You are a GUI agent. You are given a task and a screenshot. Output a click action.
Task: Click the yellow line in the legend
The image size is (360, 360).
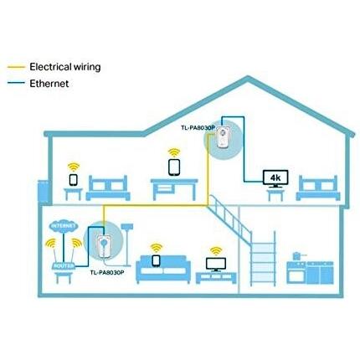coord(16,67)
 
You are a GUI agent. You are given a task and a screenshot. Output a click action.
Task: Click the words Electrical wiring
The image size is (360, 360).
coord(65,67)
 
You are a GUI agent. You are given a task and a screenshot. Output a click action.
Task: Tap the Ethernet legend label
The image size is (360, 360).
coord(49,84)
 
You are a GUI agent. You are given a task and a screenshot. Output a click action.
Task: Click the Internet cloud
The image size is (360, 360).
coord(64,226)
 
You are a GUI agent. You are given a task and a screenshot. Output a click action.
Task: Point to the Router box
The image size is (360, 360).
coord(64,265)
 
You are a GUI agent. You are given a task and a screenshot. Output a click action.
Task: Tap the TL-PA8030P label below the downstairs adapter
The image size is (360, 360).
coord(107,272)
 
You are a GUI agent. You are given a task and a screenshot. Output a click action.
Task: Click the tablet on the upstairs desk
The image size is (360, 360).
coord(174,167)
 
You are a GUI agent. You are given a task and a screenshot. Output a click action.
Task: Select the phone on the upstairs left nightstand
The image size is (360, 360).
coord(74,180)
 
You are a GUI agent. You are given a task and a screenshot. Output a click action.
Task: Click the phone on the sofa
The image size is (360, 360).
coord(157,260)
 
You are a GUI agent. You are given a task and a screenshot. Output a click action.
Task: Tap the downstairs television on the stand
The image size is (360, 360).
coord(216,265)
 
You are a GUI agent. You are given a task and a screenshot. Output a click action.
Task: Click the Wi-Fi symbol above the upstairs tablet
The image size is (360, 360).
coord(174,153)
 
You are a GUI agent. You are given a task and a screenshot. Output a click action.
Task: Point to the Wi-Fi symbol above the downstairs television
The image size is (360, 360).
coord(216,251)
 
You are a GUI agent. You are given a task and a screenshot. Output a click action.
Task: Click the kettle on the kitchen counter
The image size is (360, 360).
coord(297,256)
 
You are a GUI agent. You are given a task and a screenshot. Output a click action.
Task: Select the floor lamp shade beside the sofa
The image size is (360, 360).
coord(127,226)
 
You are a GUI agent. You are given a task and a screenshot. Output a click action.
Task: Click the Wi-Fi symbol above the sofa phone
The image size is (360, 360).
coord(157,248)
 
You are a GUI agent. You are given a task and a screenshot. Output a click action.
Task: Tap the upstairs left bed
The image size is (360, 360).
coord(108,188)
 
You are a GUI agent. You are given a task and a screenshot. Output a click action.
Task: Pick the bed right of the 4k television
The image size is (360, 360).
coord(318,188)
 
